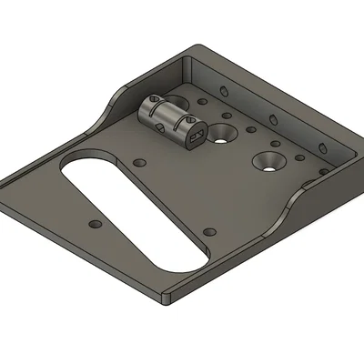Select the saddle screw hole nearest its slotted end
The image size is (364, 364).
188,119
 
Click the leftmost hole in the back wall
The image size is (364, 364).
221,88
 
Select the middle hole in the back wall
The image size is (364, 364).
273,119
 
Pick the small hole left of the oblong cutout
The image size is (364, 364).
92,223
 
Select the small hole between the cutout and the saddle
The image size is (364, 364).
139,163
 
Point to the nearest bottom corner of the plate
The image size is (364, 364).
167,298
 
